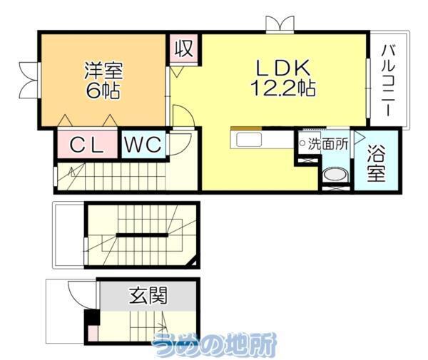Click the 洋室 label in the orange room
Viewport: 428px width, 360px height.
pyautogui.click(x=104, y=71)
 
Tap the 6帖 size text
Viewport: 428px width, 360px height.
pyautogui.click(x=104, y=91)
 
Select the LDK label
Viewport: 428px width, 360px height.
pyautogui.click(x=282, y=68)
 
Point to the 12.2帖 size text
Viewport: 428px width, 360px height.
pyautogui.click(x=282, y=88)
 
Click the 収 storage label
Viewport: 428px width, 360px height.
pyautogui.click(x=184, y=50)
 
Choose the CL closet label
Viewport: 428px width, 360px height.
pyautogui.click(x=88, y=145)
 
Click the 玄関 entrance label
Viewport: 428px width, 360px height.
pyautogui.click(x=148, y=294)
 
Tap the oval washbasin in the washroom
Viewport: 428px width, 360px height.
pyautogui.click(x=332, y=175)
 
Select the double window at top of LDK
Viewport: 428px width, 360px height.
pyautogui.click(x=279, y=24)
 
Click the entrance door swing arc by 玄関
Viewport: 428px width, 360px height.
pyautogui.click(x=76, y=292)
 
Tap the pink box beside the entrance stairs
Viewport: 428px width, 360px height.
pyautogui.click(x=92, y=332)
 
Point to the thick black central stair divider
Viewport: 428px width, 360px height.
pyautogui.click(x=142, y=235)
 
